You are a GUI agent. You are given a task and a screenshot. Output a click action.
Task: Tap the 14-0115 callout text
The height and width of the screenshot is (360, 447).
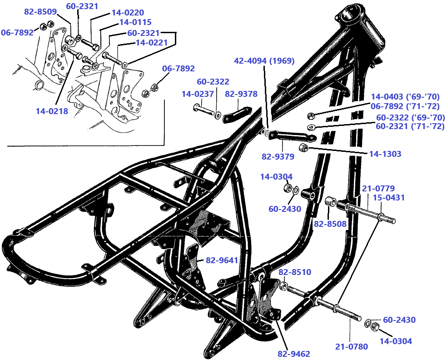(x=135, y=22)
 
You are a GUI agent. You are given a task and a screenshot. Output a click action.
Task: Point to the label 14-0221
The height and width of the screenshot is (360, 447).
(x=152, y=43)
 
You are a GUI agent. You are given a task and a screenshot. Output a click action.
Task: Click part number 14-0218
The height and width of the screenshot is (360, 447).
(x=52, y=111)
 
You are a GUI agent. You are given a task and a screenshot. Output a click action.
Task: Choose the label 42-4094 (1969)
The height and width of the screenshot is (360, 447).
(x=264, y=60)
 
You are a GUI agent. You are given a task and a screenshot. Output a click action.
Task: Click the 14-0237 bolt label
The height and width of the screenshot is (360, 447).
(x=198, y=94)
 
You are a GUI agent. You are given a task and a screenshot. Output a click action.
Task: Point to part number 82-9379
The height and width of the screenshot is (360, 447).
(x=278, y=156)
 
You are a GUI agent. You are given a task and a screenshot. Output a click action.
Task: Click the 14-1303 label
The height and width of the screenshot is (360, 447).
(x=385, y=154)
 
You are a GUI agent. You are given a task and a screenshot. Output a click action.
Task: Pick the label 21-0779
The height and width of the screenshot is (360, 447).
(x=378, y=188)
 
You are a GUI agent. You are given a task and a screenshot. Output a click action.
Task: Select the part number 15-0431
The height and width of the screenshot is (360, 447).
(x=389, y=198)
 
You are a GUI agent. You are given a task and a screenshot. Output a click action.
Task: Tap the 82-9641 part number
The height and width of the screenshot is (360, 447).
(x=222, y=260)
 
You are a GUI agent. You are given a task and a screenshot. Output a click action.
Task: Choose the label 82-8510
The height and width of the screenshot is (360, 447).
(x=295, y=272)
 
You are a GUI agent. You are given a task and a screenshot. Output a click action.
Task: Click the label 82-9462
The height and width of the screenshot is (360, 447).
(x=293, y=354)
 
